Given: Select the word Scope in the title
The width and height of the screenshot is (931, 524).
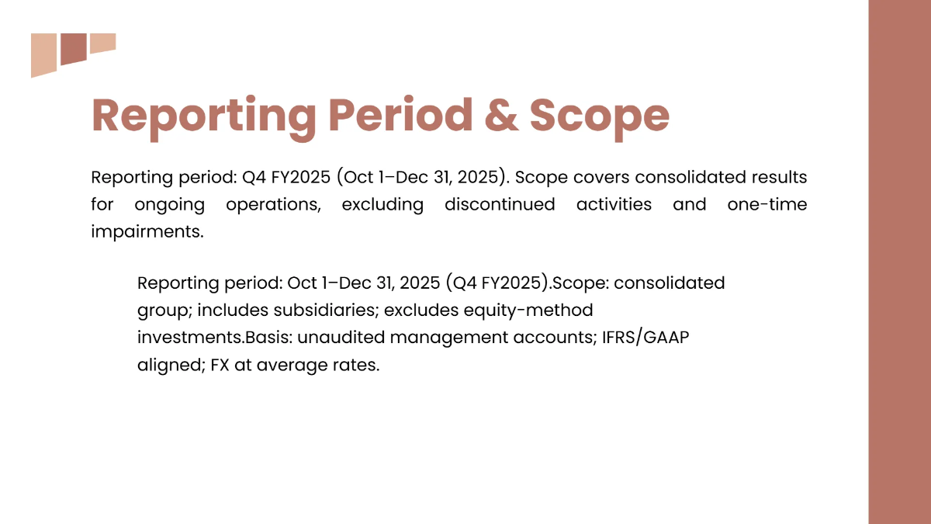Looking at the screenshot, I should pos(599,115).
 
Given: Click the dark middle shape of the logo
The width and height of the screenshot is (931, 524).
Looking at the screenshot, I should pos(73,48).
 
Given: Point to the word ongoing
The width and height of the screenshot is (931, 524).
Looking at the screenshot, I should pos(169,205).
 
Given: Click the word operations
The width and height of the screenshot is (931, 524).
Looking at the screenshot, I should pos(275,205).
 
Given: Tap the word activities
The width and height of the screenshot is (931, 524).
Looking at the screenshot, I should pos(613,205).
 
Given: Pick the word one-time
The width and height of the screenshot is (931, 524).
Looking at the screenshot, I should pos(767,205).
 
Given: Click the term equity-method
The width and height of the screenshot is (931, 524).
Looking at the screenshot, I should pos(528,311).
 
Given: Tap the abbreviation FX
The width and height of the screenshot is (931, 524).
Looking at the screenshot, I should pos(220,365).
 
